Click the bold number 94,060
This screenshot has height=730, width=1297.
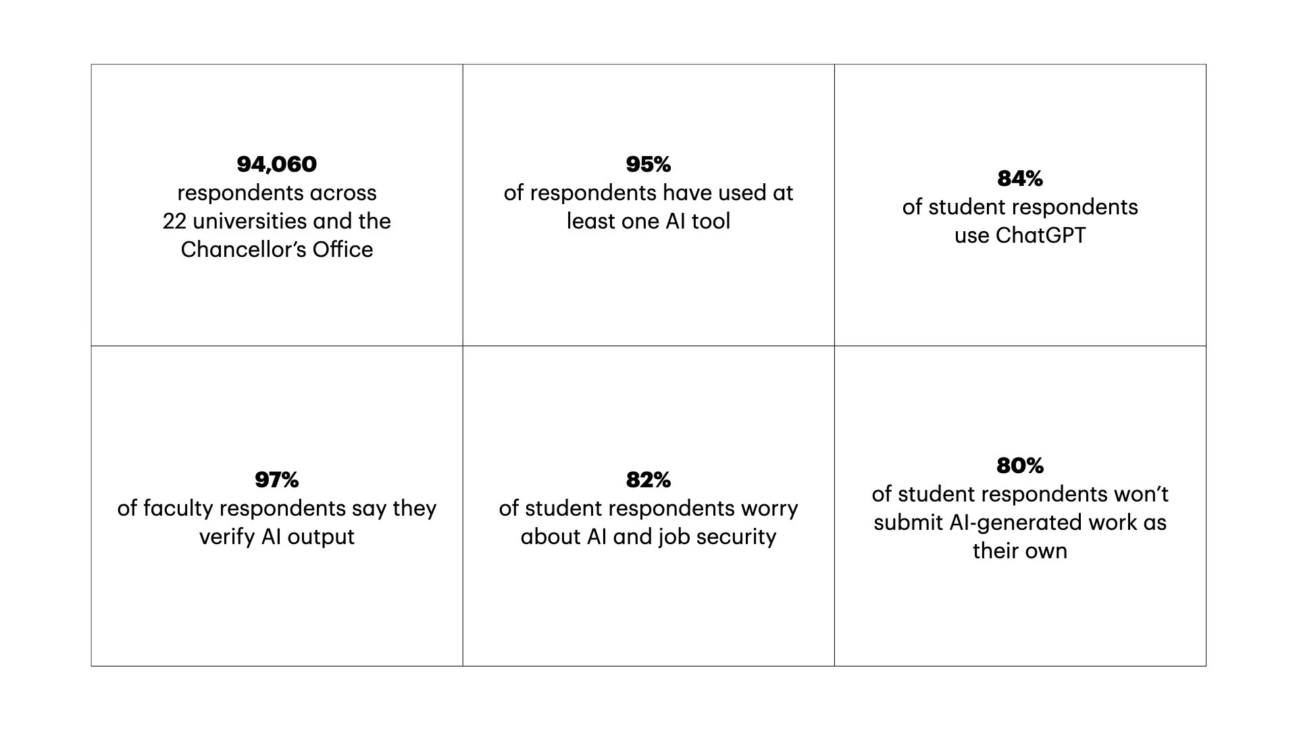pyautogui.click(x=276, y=164)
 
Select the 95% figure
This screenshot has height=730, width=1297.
pyautogui.click(x=648, y=164)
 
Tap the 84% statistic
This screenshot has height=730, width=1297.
pyautogui.click(x=1019, y=178)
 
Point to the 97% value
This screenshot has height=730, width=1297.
pyautogui.click(x=276, y=480)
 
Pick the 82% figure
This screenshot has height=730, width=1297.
pyautogui.click(x=648, y=480)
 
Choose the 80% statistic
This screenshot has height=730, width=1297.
pyautogui.click(x=1019, y=466)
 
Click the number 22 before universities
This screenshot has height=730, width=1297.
pyautogui.click(x=174, y=221)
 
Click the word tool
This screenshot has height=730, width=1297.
pyautogui.click(x=711, y=221)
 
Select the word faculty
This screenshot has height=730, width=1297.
pyautogui.click(x=178, y=508)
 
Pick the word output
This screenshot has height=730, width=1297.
pyautogui.click(x=321, y=537)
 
